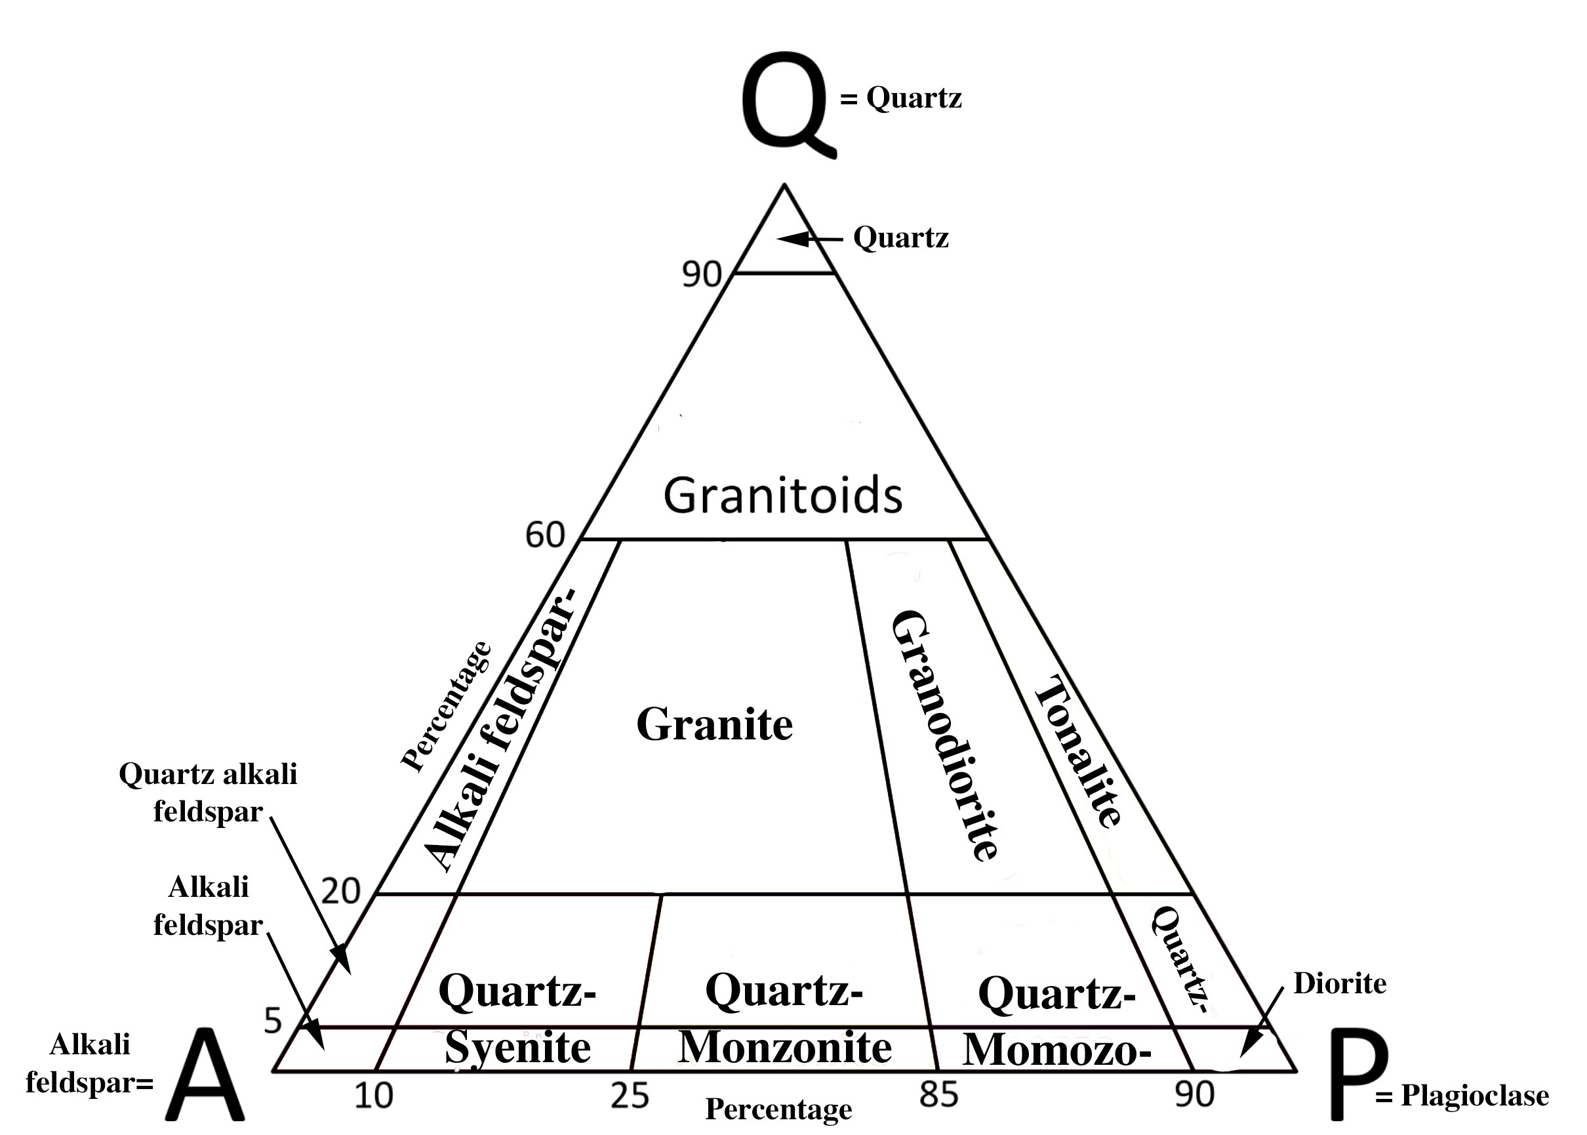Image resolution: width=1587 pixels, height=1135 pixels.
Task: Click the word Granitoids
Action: [782, 495]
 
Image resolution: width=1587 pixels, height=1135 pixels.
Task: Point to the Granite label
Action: [714, 724]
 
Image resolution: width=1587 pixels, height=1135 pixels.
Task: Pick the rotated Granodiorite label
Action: [944, 735]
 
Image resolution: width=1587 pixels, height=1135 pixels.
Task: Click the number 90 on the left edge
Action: [701, 274]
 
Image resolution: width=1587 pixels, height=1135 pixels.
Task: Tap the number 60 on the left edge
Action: [545, 535]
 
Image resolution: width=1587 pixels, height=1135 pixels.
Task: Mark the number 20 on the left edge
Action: [340, 891]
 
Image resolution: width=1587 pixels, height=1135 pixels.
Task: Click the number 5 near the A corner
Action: [272, 1021]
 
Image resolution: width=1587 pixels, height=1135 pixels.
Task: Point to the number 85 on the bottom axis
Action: [938, 1094]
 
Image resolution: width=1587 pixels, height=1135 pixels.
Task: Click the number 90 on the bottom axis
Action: [1194, 1094]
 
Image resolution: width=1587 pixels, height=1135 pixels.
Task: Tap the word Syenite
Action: [517, 1047]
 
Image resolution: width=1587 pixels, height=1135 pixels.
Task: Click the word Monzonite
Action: [784, 1047]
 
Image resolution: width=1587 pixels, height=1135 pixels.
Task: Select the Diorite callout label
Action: [1340, 983]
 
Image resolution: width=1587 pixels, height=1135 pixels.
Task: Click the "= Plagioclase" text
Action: [1461, 1096]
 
